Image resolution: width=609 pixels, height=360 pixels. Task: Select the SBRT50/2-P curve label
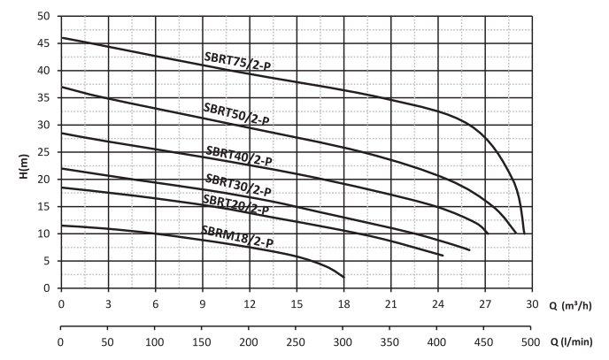[236, 113]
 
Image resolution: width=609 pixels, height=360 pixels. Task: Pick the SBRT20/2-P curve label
[236, 204]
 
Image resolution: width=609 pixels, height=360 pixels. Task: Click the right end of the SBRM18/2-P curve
[343, 277]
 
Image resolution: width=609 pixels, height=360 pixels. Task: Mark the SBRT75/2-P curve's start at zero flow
[61, 38]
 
